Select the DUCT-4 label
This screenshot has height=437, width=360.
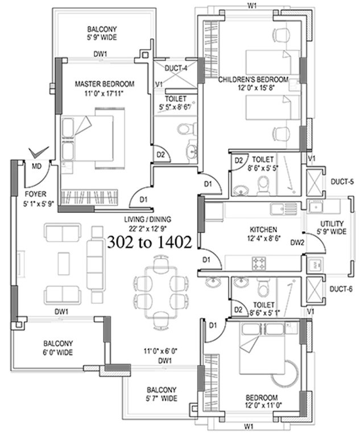tap(176, 68)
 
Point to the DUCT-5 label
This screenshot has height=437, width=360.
tap(342, 183)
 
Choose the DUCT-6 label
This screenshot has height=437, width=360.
tap(342, 289)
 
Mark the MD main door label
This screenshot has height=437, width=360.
tap(36, 166)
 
